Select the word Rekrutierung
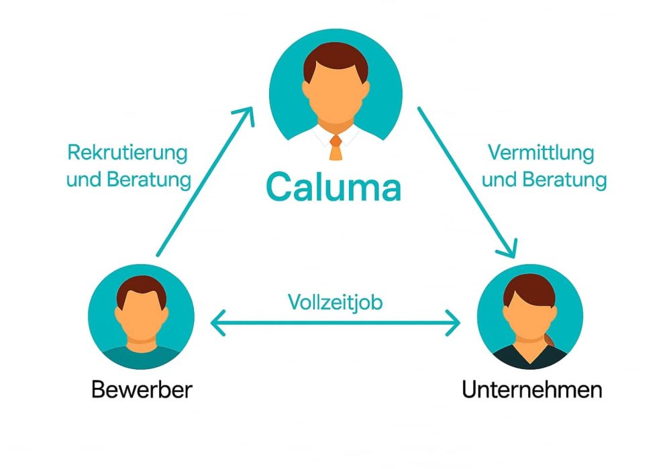click(127, 153)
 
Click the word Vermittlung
click(541, 153)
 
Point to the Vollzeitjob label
click(335, 302)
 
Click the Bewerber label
click(142, 389)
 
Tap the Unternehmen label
click(531, 389)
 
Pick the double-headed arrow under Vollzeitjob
click(335, 325)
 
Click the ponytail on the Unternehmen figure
click(551, 338)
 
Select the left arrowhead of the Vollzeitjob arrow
click(217, 325)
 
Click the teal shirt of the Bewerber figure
click(141, 356)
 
